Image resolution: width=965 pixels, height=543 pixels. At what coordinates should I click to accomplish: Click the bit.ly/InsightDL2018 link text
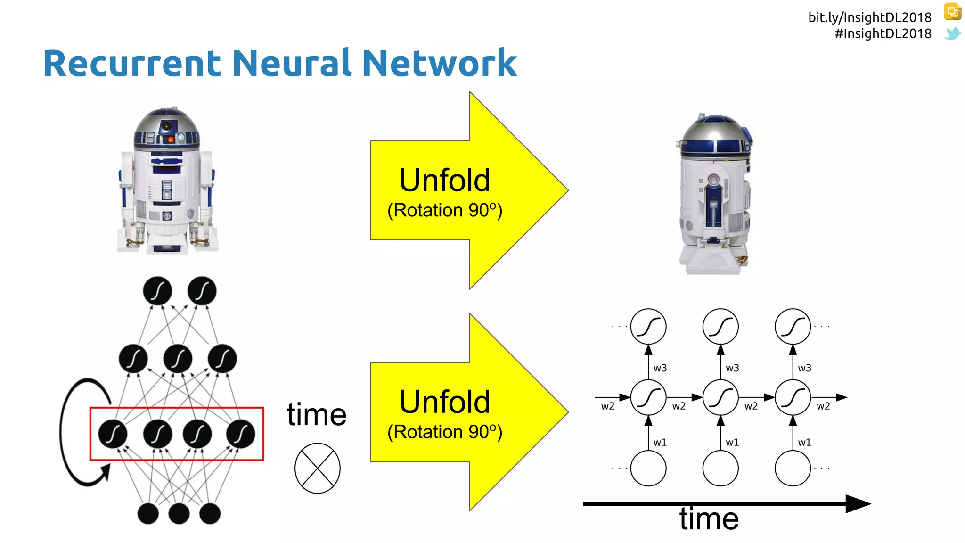coord(869,17)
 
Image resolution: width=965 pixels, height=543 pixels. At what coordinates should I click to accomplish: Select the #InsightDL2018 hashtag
coord(883,34)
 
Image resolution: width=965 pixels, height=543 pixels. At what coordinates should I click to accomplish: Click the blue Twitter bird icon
coord(952,33)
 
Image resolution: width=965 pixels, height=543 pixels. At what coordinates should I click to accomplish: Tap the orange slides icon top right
coord(952,12)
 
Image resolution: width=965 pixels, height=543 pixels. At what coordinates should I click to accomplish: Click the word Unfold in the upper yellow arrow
coord(444,180)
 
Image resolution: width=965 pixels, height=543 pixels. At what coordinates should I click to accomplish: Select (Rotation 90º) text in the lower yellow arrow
coord(444,432)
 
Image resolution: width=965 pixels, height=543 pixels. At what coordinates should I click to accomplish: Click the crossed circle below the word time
coord(317,468)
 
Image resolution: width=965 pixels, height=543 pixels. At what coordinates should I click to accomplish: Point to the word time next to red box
coord(317,415)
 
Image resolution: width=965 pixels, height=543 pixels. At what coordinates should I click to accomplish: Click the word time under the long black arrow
coord(709,519)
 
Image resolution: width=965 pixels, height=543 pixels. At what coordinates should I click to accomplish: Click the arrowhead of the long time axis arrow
coord(859,504)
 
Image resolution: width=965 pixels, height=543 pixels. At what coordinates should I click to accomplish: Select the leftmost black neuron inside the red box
coord(113,434)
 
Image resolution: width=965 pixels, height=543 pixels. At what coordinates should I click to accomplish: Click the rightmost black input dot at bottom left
coord(210,514)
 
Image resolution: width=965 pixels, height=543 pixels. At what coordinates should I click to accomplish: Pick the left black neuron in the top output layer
coord(157,291)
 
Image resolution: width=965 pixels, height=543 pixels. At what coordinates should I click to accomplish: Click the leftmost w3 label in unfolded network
coord(660,368)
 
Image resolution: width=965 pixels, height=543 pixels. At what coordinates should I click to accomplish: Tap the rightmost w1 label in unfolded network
coord(804,443)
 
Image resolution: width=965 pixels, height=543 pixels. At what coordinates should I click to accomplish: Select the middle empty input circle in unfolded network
coord(720,468)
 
